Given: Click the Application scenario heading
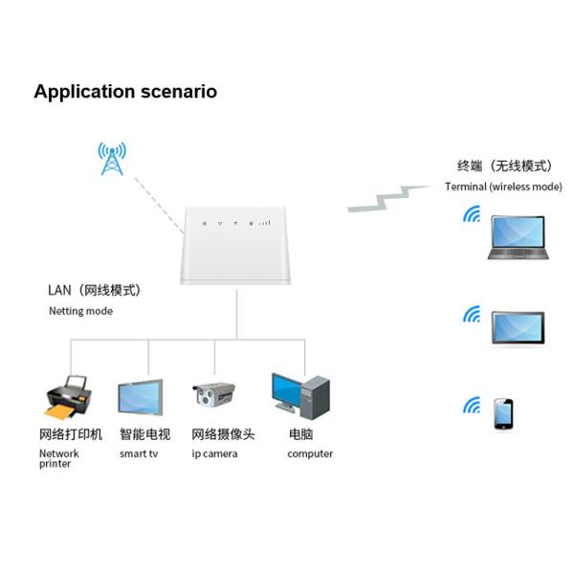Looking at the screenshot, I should tap(125, 92).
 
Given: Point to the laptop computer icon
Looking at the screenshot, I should tap(518, 237).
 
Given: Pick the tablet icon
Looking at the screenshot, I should tap(518, 328).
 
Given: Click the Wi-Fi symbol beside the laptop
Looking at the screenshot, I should tap(471, 215).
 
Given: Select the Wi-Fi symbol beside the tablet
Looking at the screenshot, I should tap(471, 314).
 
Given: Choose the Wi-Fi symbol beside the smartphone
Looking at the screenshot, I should tap(471, 406).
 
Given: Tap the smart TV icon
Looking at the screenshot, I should tap(140, 397).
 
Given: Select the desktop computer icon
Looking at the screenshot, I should tap(300, 396).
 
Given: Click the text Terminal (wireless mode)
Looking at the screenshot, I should tap(503, 187).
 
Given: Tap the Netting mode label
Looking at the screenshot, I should tap(80, 311).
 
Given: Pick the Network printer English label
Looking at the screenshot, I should tap(58, 458).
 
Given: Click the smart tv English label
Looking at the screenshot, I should tap(139, 453).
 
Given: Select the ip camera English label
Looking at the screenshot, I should tap(214, 453).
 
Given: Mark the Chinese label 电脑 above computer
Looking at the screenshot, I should tap(302, 434).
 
